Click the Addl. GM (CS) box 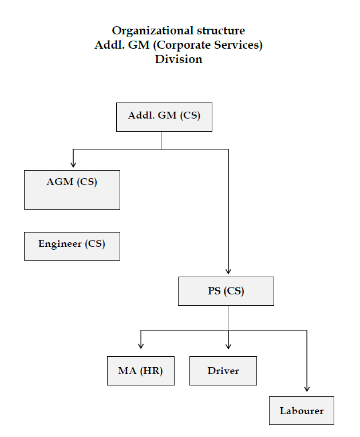coord(164,117)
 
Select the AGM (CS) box coord(72,190)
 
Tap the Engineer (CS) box coord(72,246)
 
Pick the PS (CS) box coord(226,291)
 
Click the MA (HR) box coord(141,371)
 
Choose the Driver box coord(223,371)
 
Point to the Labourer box coord(302,411)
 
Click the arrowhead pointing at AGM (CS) coord(73,164)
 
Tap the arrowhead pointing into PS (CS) coord(228,271)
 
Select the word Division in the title coord(179,59)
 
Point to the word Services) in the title coord(240,45)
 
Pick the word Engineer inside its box coord(60,243)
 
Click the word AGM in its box coord(60,182)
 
